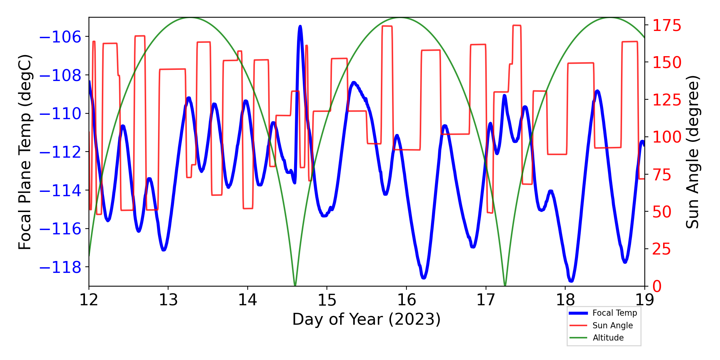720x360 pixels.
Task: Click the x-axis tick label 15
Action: (327, 300)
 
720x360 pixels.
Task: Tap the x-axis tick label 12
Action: (89, 300)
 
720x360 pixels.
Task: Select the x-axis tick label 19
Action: (644, 300)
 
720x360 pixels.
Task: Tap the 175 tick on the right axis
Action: (667, 26)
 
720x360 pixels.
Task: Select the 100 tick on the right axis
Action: (667, 137)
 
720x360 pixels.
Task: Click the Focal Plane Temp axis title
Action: (25, 152)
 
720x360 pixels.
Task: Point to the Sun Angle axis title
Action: (692, 152)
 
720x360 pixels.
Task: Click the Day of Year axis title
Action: (366, 319)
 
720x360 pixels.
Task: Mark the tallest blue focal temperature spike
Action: (300, 27)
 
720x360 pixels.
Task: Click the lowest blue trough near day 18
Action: (571, 280)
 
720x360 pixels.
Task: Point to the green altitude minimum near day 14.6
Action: (295, 285)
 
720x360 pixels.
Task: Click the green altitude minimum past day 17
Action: (505, 285)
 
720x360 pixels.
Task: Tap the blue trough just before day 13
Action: (163, 249)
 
